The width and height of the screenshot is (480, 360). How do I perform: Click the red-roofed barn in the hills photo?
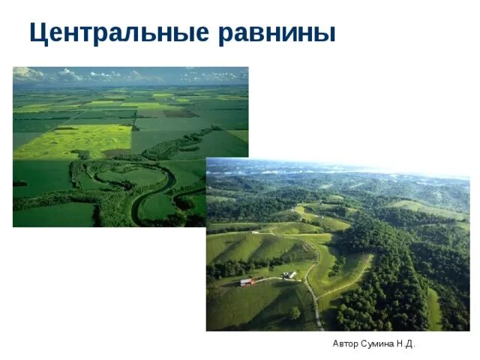[x=246, y=282]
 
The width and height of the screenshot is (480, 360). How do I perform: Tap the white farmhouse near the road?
[x=289, y=275]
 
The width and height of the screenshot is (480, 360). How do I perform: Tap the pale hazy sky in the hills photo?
[x=337, y=166]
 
